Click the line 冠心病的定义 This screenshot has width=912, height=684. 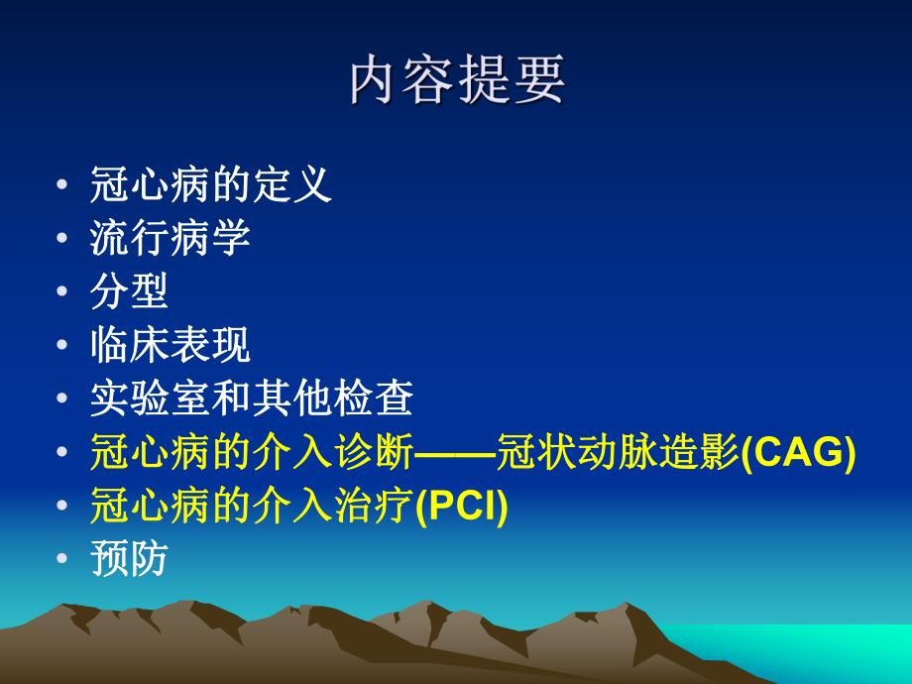coord(210,185)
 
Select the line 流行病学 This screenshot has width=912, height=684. coord(170,239)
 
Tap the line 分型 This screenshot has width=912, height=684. coord(129,292)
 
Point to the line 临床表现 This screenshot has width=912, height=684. coord(170,346)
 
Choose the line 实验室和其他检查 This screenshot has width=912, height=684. coord(251,399)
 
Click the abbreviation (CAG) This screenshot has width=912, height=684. coord(798,453)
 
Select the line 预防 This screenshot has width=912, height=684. coord(129,560)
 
